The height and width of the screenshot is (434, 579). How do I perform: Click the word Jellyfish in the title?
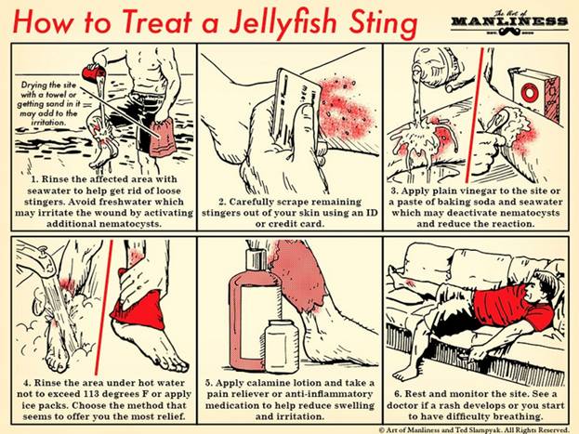(x=282, y=23)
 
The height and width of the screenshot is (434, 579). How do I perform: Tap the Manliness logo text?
(x=509, y=21)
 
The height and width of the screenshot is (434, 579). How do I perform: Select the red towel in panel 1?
(x=163, y=138)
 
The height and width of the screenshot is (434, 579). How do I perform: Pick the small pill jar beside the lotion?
(x=283, y=347)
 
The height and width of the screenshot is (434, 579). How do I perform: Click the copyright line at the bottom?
(x=474, y=430)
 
